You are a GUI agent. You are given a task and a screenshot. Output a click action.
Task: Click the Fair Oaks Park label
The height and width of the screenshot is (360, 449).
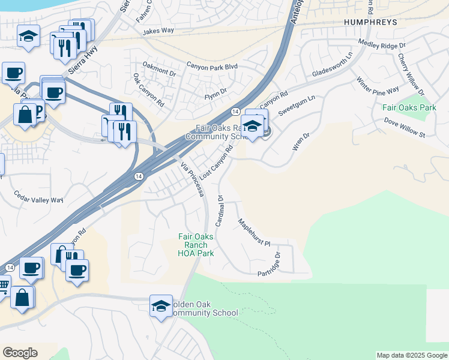tap(409, 108)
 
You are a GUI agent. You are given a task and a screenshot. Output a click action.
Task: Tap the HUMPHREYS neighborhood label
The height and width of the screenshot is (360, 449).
tap(370, 22)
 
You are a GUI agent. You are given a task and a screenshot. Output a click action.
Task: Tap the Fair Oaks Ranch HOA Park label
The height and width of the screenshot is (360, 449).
tap(193, 245)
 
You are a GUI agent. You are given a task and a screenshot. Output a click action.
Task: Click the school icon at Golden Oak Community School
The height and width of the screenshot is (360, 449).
tap(161, 305)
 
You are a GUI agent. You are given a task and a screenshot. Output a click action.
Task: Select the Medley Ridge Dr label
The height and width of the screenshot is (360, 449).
tap(382, 43)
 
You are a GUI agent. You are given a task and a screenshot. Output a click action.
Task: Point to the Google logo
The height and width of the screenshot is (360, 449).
tap(20, 353)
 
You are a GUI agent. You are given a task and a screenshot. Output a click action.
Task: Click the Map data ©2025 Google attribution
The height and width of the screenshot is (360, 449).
tap(412, 355)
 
